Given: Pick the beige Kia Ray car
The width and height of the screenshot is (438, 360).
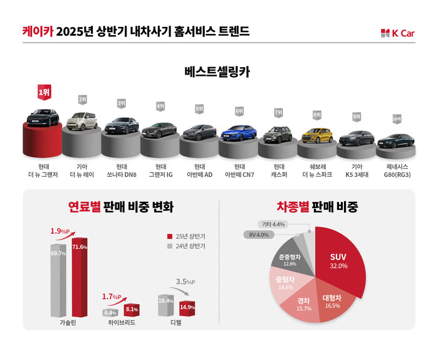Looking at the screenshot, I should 82,122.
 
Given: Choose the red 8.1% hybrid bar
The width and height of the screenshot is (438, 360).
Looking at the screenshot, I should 130,309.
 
